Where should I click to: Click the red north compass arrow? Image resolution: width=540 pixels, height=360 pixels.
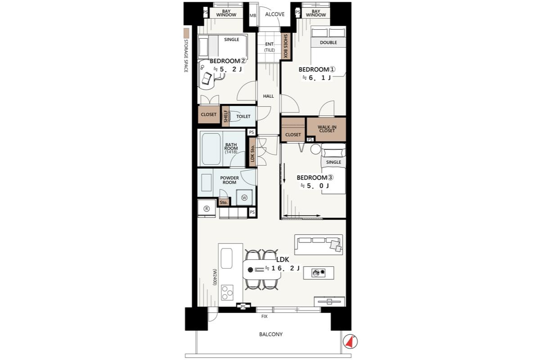click(x=350, y=342)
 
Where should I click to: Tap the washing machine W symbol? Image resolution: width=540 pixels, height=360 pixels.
click(x=244, y=198)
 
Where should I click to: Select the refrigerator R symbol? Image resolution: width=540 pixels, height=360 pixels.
click(x=207, y=208)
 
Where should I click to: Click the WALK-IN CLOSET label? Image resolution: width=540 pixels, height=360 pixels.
click(x=327, y=129)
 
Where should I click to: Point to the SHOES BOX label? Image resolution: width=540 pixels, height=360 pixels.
click(x=286, y=46)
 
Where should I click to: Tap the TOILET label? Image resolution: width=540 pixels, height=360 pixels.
click(x=243, y=117)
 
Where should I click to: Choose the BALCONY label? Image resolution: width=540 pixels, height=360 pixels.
click(x=271, y=334)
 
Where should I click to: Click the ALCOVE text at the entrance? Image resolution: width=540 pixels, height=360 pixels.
click(x=275, y=14)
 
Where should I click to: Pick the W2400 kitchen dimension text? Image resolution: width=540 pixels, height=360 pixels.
click(x=215, y=277)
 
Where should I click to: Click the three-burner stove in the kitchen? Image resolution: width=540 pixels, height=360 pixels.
click(x=227, y=292)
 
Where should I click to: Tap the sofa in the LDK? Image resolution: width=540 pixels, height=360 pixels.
click(x=319, y=245)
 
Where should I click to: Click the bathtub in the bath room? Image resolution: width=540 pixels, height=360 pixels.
click(x=211, y=149)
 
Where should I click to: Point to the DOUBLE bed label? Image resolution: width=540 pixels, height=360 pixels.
click(x=328, y=42)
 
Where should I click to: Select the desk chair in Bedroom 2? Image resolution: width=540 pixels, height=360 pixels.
click(x=207, y=78)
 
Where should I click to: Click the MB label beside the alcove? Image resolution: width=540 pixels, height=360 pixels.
click(x=252, y=16)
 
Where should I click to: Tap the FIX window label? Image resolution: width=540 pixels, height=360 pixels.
click(x=265, y=316)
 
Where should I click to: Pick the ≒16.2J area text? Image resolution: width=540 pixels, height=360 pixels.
click(x=282, y=268)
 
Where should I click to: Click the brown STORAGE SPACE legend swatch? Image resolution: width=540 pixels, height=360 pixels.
click(x=186, y=33)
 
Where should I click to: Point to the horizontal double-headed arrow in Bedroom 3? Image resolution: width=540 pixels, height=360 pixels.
click(x=302, y=216)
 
